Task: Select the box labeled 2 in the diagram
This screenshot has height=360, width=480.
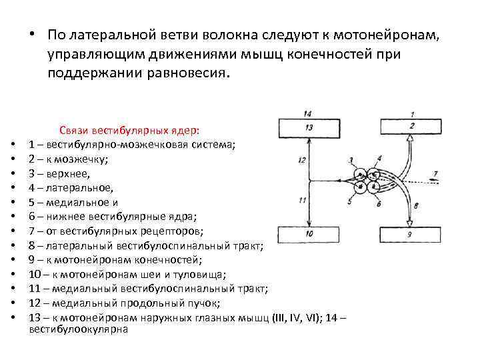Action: click(x=411, y=127)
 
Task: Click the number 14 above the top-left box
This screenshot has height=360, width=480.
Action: click(x=307, y=114)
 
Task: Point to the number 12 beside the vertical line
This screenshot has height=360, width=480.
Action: click(x=301, y=160)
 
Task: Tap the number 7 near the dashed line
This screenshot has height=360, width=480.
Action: click(x=435, y=174)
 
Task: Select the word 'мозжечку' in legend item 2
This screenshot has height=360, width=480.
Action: click(x=87, y=159)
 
